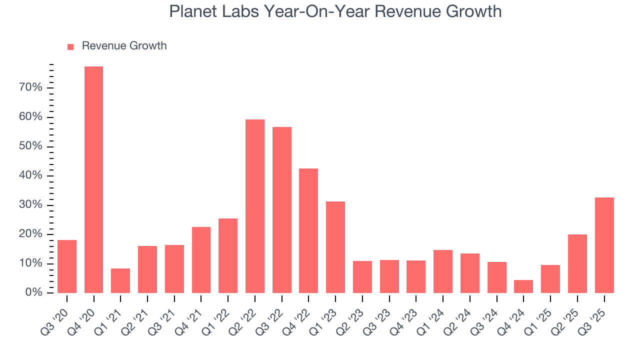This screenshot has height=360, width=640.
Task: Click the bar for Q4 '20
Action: (x=93, y=179)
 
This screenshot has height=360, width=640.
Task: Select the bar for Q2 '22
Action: (x=255, y=206)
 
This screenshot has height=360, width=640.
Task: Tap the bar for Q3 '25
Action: (x=604, y=245)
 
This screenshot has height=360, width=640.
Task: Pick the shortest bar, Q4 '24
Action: (x=523, y=286)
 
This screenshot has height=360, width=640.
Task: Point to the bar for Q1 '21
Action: (x=120, y=280)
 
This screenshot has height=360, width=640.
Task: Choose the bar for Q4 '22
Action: (x=308, y=230)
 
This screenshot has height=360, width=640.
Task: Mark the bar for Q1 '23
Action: (x=335, y=247)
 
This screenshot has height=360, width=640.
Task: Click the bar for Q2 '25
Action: (x=577, y=263)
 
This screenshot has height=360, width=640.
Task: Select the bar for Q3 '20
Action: (x=67, y=266)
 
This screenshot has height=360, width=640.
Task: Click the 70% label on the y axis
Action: (x=30, y=88)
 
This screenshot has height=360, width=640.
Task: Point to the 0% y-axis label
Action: (x=33, y=293)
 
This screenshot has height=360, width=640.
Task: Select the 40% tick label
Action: (x=30, y=176)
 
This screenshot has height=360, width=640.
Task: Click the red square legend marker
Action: (x=70, y=46)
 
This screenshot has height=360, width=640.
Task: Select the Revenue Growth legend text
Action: (x=124, y=46)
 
